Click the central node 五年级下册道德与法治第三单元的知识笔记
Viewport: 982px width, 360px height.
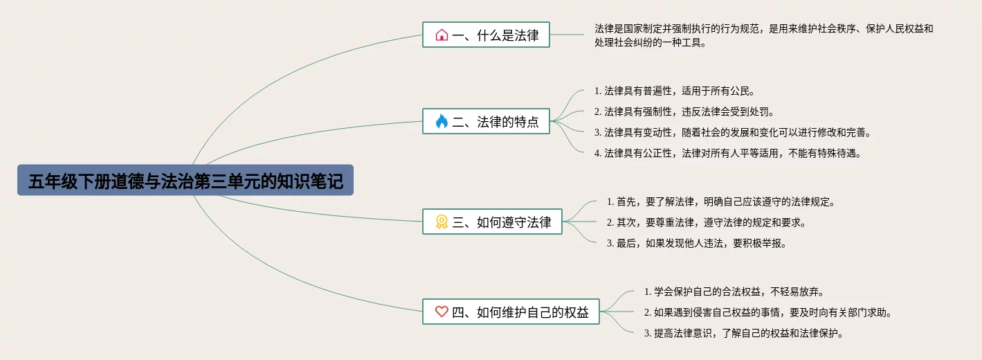tap(185, 180)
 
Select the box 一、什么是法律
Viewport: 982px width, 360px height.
tap(486, 35)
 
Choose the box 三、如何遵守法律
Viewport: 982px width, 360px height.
tap(492, 222)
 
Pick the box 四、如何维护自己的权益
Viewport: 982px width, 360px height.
tap(511, 312)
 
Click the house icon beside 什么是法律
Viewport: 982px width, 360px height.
tap(442, 35)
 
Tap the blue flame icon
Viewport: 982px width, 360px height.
tap(442, 122)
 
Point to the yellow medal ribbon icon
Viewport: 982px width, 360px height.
tap(442, 222)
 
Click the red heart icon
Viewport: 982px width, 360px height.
tap(442, 312)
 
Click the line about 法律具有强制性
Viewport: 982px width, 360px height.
tap(684, 111)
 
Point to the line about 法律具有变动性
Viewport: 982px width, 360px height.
tap(732, 132)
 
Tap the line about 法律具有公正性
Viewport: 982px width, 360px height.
tap(727, 153)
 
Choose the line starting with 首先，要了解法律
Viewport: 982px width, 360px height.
tap(721, 201)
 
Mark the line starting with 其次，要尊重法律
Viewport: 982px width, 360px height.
tap(706, 222)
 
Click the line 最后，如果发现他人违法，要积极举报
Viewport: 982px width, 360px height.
tap(696, 243)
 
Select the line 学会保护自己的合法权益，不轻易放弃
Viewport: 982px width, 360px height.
tap(734, 291)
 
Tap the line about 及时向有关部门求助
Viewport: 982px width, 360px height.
tap(767, 312)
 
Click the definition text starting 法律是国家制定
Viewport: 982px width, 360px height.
tap(763, 35)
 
